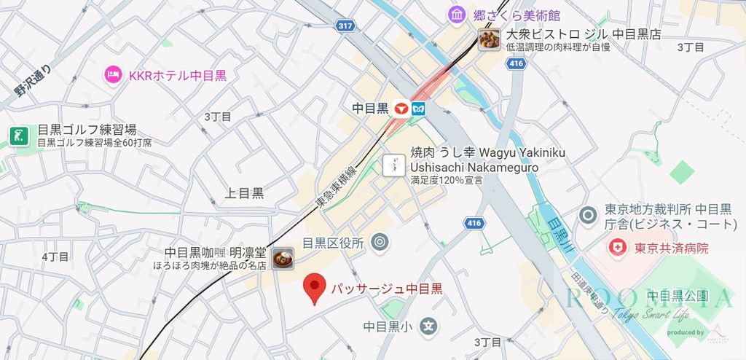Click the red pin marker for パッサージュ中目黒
(315, 286)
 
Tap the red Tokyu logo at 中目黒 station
(400, 109)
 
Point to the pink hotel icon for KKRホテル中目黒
(112, 74)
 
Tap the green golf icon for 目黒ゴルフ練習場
(18, 136)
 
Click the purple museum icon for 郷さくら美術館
(458, 14)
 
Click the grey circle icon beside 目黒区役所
(379, 243)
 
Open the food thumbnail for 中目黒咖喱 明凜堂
(283, 258)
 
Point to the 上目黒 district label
(244, 193)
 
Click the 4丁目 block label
(55, 257)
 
